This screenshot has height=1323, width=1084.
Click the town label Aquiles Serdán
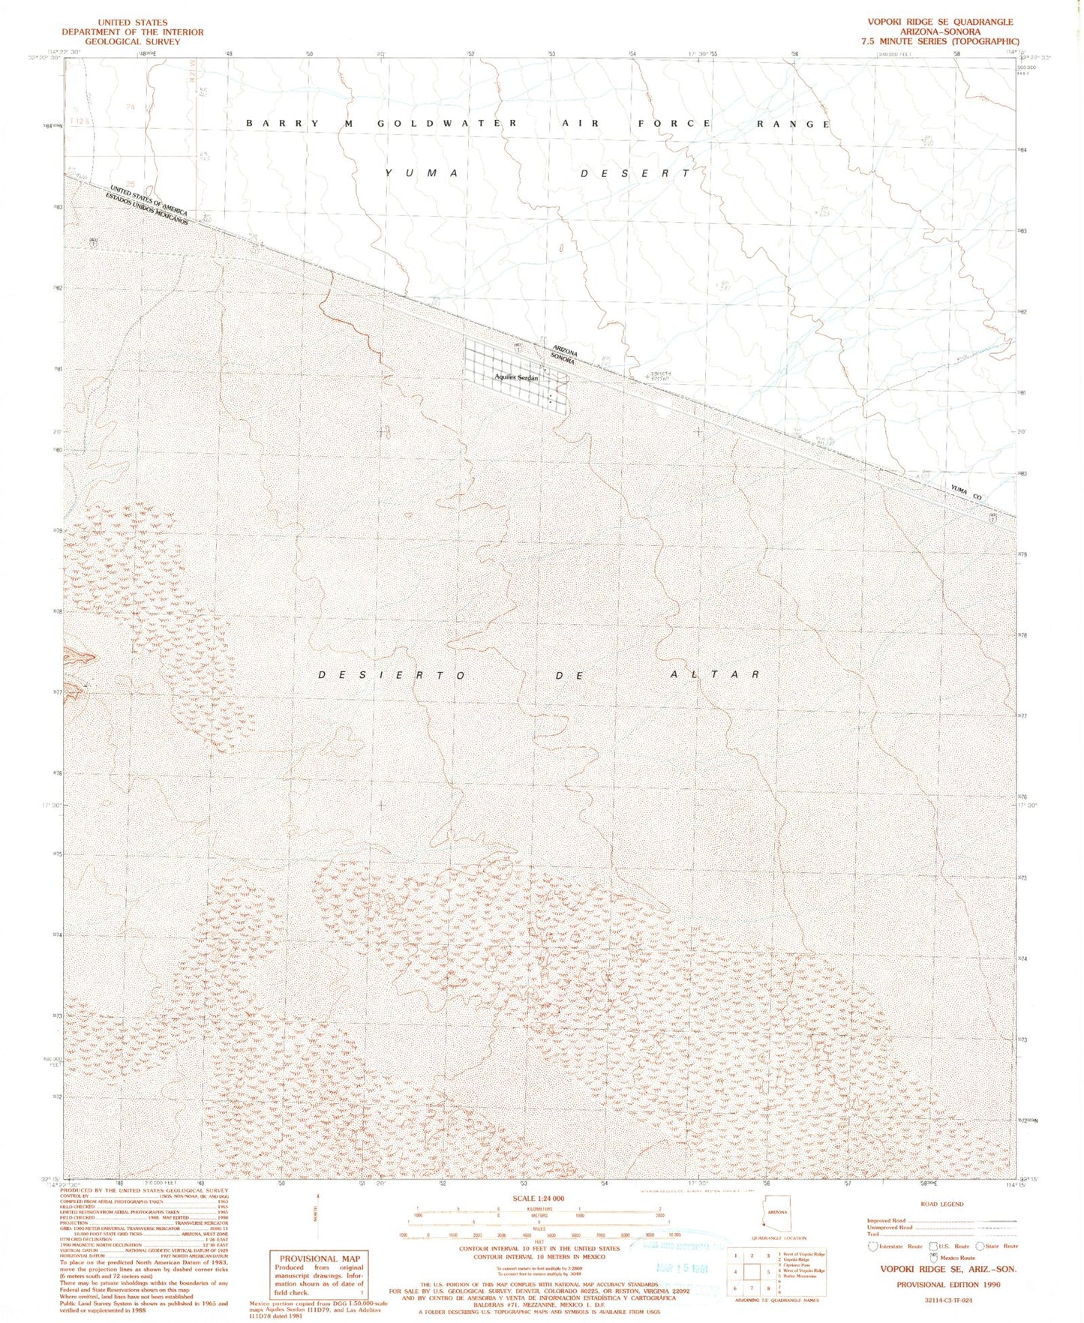pyautogui.click(x=516, y=377)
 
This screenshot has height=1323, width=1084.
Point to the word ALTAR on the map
pyautogui.click(x=714, y=674)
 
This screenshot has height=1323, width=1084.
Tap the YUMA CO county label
pyautogui.click(x=965, y=493)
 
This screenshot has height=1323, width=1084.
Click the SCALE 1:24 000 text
pyautogui.click(x=538, y=1199)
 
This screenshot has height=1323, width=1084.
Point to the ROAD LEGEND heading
pyautogui.click(x=941, y=1204)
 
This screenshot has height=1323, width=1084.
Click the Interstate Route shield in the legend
pyautogui.click(x=872, y=1246)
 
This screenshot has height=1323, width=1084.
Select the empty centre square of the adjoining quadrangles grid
pyautogui.click(x=752, y=1272)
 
